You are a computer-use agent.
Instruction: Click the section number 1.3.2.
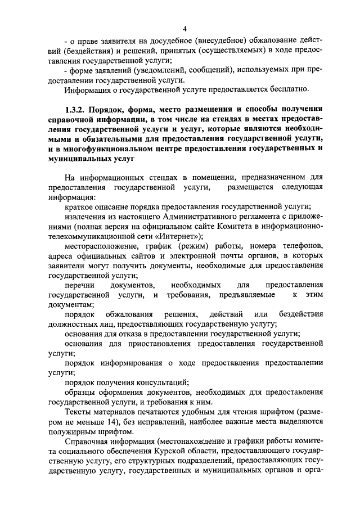pyautogui.click(x=78, y=107)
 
